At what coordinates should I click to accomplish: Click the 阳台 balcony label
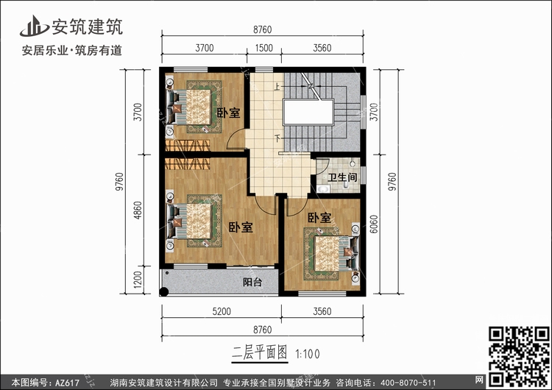pyautogui.click(x=252, y=282)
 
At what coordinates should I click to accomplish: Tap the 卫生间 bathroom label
pyautogui.click(x=342, y=177)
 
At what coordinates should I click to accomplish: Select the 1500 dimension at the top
pyautogui.click(x=263, y=48)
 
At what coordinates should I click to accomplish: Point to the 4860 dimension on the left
pyautogui.click(x=138, y=210)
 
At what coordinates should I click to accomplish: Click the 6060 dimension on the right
pyautogui.click(x=374, y=224)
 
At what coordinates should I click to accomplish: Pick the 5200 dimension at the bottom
pyautogui.click(x=222, y=311)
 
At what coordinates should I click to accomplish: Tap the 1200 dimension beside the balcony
pyautogui.click(x=138, y=280)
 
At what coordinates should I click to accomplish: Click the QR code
pyautogui.click(x=519, y=356)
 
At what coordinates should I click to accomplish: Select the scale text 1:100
pyautogui.click(x=308, y=354)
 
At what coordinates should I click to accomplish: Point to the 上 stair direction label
pyautogui.click(x=277, y=86)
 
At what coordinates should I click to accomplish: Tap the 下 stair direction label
pyautogui.click(x=277, y=138)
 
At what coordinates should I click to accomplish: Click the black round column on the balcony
pyautogui.click(x=163, y=291)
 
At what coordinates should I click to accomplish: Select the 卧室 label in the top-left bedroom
pyautogui.click(x=228, y=113)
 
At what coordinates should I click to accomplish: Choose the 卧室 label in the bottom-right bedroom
pyautogui.click(x=319, y=218)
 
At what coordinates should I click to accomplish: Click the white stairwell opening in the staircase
pyautogui.click(x=308, y=113)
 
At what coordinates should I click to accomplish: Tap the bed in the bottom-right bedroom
pyautogui.click(x=334, y=253)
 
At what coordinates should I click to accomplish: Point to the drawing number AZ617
pyautogui.click(x=67, y=383)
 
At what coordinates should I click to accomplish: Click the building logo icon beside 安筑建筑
pyautogui.click(x=34, y=26)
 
